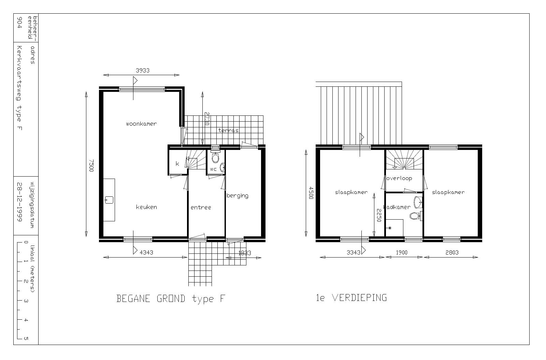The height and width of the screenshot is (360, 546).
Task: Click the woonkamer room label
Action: pyautogui.click(x=141, y=124)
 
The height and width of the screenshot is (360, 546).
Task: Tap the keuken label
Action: pyautogui.click(x=146, y=207)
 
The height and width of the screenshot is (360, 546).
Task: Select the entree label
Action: pyautogui.click(x=201, y=208)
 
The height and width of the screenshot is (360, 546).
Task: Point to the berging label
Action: pyautogui.click(x=238, y=196)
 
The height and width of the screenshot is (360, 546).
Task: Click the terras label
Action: pyautogui.click(x=228, y=130)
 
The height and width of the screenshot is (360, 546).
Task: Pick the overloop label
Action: pyautogui.click(x=399, y=178)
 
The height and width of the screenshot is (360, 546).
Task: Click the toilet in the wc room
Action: pyautogui.click(x=215, y=157)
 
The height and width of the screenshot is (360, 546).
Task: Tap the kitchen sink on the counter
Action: pyautogui.click(x=109, y=200)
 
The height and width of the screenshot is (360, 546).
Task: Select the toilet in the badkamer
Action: pyautogui.click(x=416, y=216)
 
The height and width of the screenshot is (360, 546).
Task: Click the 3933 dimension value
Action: pyautogui.click(x=143, y=70)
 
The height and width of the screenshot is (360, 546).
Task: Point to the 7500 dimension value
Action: pyautogui.click(x=91, y=166)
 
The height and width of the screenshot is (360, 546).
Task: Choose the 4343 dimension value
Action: pyautogui.click(x=146, y=252)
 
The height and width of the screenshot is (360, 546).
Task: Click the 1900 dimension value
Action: pyautogui.click(x=401, y=252)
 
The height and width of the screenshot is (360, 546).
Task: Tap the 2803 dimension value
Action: pyautogui.click(x=452, y=252)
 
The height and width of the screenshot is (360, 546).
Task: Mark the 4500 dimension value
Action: pyautogui.click(x=311, y=193)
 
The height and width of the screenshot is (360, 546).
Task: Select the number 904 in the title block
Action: pyautogui.click(x=20, y=23)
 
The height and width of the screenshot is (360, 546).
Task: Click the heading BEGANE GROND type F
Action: pyautogui.click(x=171, y=299)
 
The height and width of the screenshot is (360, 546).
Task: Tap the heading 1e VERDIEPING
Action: pyautogui.click(x=351, y=297)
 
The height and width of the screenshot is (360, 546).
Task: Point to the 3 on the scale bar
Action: pyautogui.click(x=26, y=301)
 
